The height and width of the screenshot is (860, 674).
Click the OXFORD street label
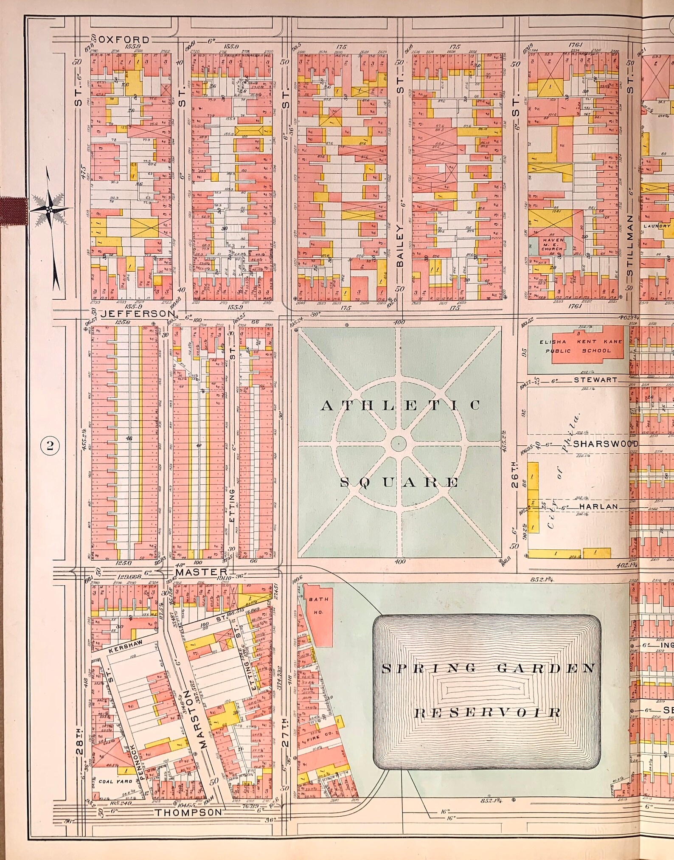127,40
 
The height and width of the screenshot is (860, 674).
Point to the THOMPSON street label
188,812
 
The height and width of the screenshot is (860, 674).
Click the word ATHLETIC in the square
400,405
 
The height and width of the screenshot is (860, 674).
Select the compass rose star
50,209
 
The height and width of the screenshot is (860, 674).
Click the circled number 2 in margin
50,446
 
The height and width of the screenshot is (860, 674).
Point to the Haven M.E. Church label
553,244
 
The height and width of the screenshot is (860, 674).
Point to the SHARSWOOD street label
606,444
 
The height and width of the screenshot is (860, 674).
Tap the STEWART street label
595,380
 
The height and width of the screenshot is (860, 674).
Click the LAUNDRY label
656,226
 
